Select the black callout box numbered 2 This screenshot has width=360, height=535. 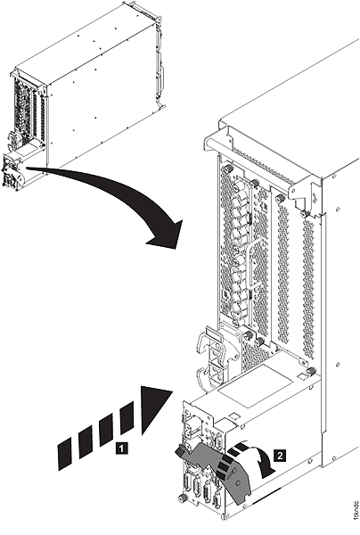tap(280, 453)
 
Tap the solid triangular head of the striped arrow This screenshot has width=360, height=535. tap(156, 410)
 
